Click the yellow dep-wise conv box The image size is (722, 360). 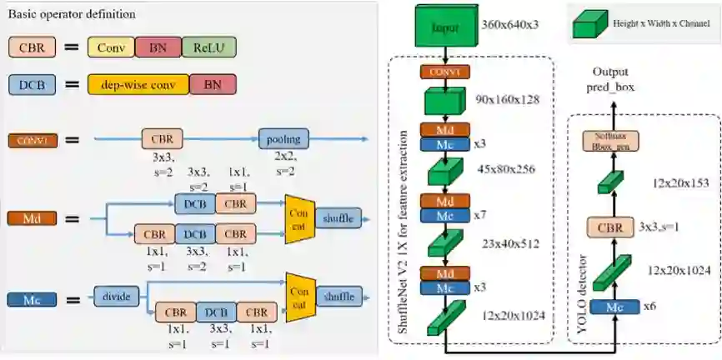click(x=138, y=84)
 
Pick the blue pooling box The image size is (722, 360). click(x=283, y=138)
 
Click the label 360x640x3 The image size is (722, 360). click(x=510, y=26)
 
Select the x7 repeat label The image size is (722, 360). click(x=479, y=215)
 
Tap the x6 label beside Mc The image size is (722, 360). click(x=651, y=307)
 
